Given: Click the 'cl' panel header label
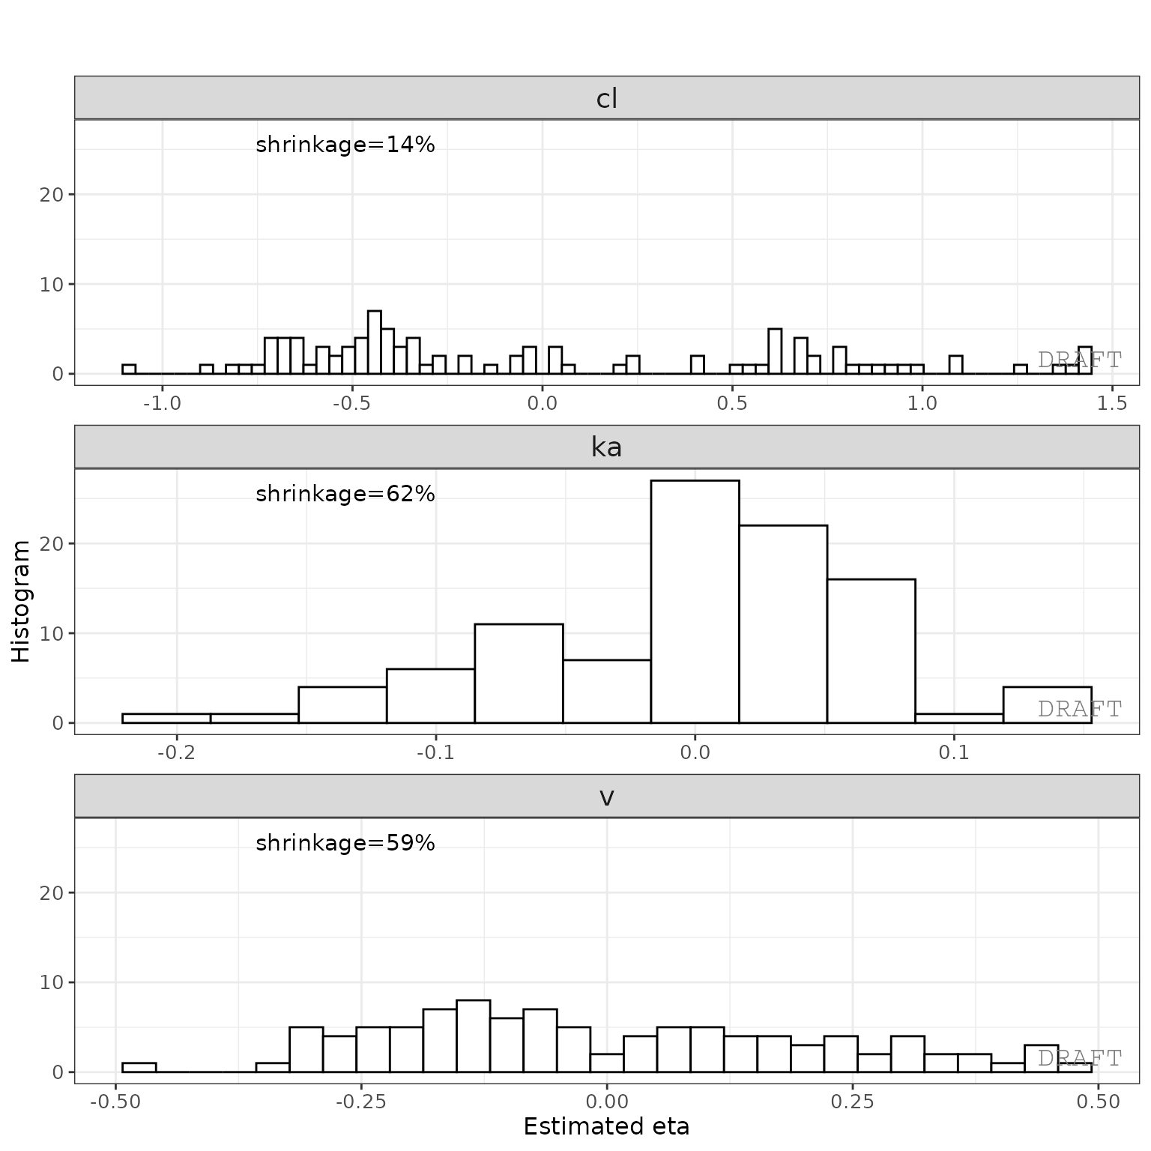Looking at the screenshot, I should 606,98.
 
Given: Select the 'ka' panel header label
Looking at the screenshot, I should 606,447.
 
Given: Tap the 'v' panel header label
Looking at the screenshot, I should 606,797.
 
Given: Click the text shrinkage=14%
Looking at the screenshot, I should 345,145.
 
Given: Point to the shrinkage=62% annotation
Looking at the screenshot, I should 345,494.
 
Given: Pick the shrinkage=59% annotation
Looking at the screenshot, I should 345,843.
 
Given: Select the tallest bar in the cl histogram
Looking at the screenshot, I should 375,342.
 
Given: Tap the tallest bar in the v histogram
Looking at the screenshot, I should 473,1036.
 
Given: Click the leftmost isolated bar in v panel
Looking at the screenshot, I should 139,1067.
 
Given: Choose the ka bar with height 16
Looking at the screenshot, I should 871,650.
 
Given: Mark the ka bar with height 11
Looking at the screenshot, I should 519,673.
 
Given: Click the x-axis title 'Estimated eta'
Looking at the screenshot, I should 606,1126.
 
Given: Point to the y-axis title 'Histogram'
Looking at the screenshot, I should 21,601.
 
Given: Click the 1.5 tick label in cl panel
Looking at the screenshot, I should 1112,404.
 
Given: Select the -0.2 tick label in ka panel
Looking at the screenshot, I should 176,752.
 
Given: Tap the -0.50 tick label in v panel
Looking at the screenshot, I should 115,1102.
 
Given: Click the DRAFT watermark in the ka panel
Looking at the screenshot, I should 1079,709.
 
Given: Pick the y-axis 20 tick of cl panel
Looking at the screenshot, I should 52,195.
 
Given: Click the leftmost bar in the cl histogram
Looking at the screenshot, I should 129,369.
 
